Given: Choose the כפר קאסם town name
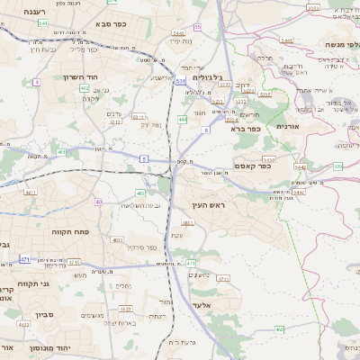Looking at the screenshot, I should tap(252, 166).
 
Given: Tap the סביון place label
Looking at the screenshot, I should tap(45, 315).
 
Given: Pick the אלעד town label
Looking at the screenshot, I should tap(203, 304).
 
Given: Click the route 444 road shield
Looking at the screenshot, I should tap(183, 119).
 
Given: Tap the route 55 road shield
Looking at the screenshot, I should tap(197, 28).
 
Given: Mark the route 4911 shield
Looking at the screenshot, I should tap(31, 193).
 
